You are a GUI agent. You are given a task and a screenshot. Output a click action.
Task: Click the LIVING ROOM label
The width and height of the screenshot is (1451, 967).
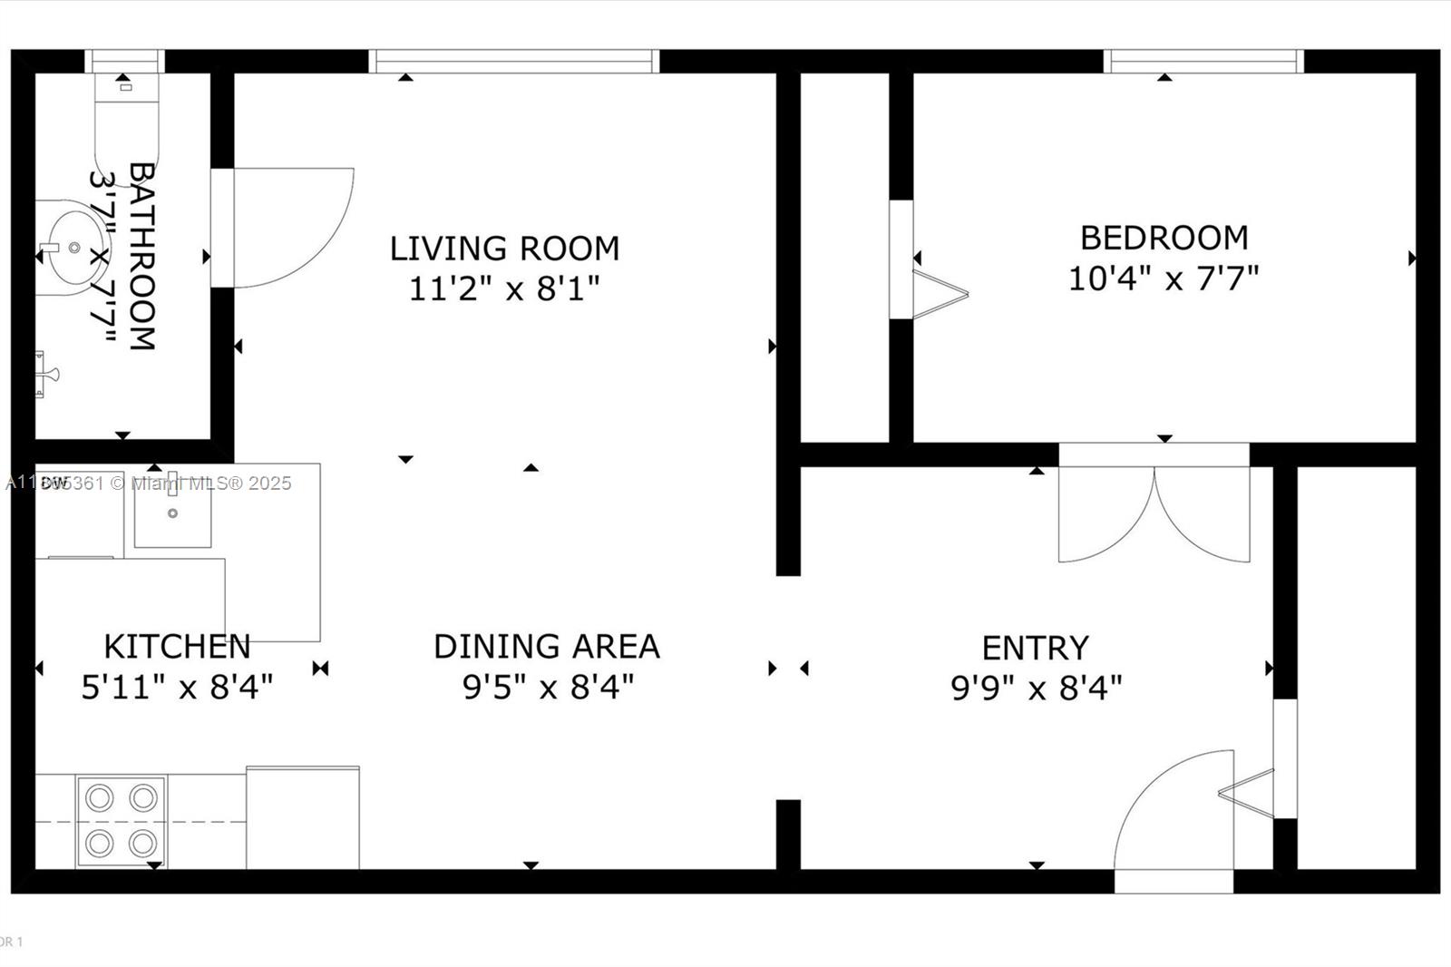coord(504,249)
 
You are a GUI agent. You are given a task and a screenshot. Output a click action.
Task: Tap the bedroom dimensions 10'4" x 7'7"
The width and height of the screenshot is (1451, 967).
coord(1164,278)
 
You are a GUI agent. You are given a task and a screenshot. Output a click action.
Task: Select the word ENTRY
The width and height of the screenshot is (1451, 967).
coord(1035,649)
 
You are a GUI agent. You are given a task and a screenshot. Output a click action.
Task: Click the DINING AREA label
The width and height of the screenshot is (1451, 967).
coord(546,647)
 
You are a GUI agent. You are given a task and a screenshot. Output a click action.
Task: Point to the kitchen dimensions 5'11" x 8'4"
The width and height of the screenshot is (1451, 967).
coord(177,688)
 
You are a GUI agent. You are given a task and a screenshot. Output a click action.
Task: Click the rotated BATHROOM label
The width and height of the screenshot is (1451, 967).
coord(141,257)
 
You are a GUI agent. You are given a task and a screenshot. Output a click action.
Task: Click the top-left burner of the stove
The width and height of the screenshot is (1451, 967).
coord(99,798)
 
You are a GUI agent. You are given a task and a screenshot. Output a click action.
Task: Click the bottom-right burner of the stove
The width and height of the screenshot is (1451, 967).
coord(142,845)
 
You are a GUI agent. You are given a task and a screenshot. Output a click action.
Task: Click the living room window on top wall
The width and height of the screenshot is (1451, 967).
coord(514,62)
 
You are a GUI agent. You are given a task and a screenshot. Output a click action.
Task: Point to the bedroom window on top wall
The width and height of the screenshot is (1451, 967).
coord(1203,62)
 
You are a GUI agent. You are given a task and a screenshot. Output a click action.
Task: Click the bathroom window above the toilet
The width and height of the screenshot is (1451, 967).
coord(125,62)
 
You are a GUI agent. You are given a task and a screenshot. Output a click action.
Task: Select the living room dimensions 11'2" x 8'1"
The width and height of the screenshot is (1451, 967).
coord(504,289)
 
